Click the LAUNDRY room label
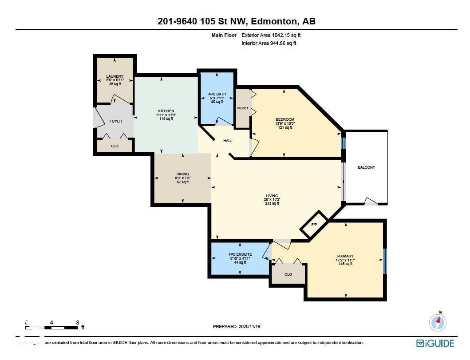[x=115, y=76]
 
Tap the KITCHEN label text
[x=166, y=111]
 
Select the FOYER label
[x=115, y=121]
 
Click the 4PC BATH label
[x=217, y=94]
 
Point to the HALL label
[x=228, y=141]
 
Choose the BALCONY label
[x=366, y=167]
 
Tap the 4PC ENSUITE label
[x=240, y=254]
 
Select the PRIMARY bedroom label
[x=345, y=256]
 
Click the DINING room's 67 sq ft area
[x=182, y=182]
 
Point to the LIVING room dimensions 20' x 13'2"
[x=272, y=200]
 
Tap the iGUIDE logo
[x=435, y=343]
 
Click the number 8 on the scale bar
[x=78, y=323]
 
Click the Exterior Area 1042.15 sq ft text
[x=273, y=35]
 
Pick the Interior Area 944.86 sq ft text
[x=269, y=43]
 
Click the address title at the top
[x=236, y=21]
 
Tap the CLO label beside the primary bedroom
[x=288, y=274]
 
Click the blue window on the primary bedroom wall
[x=384, y=260]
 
